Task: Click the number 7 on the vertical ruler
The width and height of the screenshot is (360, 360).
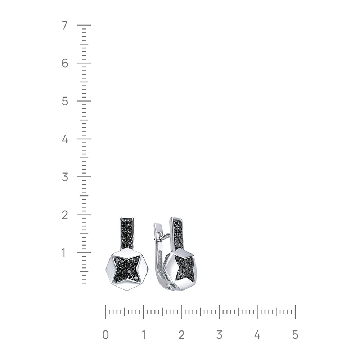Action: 65,25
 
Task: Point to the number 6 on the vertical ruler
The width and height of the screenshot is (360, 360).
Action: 65,63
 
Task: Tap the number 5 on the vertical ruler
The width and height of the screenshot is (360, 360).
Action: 65,101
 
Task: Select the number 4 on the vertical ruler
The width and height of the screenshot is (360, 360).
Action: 65,139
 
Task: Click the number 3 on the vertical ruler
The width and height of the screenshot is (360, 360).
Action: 65,177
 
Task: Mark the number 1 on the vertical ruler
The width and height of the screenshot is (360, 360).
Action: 64,253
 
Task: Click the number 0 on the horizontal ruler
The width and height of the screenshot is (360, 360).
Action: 105,335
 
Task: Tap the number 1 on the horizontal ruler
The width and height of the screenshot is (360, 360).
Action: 143,335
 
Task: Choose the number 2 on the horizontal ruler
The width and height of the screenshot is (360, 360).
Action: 181,335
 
